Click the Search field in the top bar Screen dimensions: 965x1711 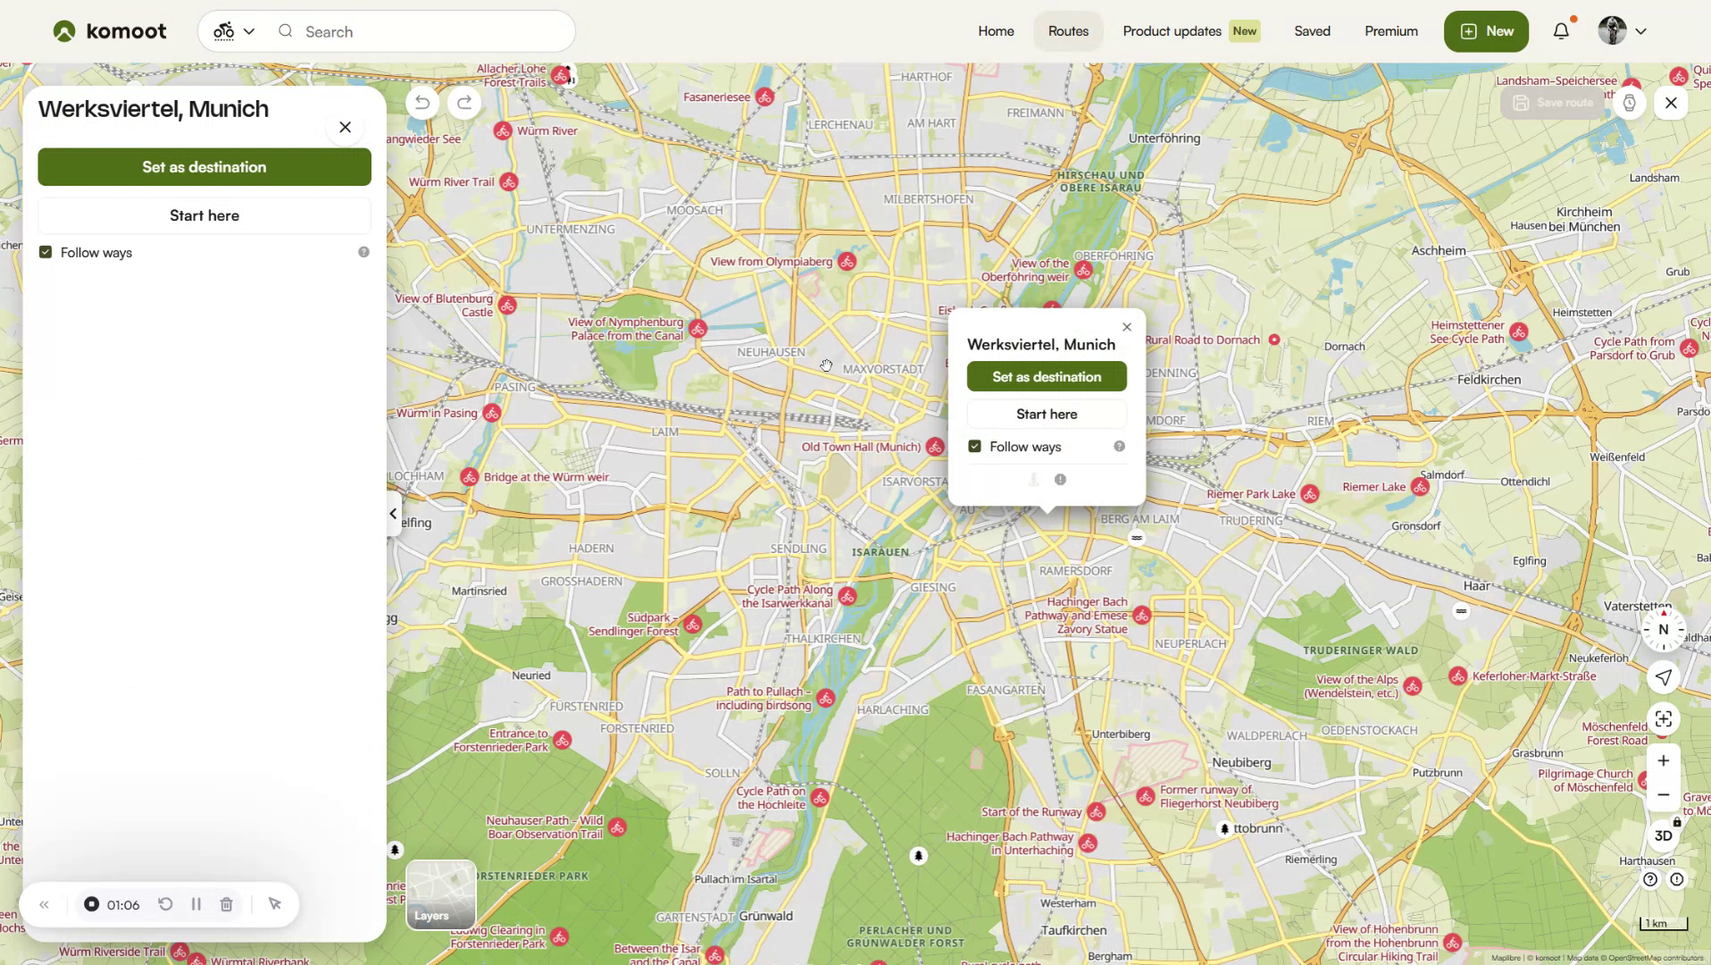tap(429, 32)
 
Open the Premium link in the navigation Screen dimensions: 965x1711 tap(1390, 31)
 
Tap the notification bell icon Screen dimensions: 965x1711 tap(1560, 31)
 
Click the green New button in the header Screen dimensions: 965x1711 tap(1485, 31)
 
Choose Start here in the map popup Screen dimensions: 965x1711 tap(1046, 414)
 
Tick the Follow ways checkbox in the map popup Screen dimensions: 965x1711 tap(974, 446)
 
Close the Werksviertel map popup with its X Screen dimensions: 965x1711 tap(1126, 327)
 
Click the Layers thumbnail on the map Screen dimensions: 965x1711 tap(440, 894)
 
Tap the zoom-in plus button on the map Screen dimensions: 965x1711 tap(1663, 760)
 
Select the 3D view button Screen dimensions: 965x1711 tap(1663, 835)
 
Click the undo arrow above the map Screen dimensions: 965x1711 tap(422, 103)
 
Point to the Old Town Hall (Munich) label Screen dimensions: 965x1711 tap(860, 447)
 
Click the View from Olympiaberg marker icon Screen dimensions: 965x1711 tap(847, 262)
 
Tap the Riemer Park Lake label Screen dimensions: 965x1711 tap(1250, 494)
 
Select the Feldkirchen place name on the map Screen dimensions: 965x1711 tap(1488, 380)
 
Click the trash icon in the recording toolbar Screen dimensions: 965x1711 tap(227, 904)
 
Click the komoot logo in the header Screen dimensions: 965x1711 tap(109, 31)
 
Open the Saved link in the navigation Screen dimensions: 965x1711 tap(1312, 31)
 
